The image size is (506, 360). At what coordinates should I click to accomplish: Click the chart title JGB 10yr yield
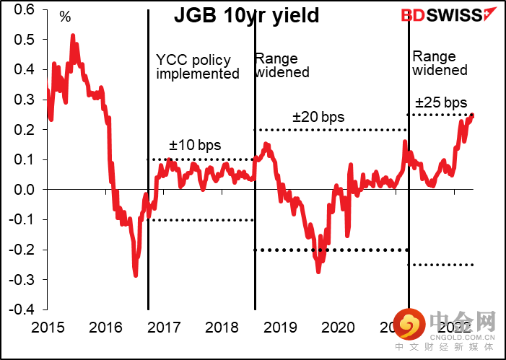point(246,15)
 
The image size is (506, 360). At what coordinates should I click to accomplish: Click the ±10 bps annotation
point(188,145)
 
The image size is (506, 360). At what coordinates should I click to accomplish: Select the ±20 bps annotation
point(318,117)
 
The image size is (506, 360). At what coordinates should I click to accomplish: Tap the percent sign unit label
point(65,17)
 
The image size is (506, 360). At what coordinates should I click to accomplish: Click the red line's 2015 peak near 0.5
point(73,35)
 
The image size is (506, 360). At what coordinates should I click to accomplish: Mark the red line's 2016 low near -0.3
point(135,274)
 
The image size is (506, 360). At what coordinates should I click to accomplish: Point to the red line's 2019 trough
point(318,271)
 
